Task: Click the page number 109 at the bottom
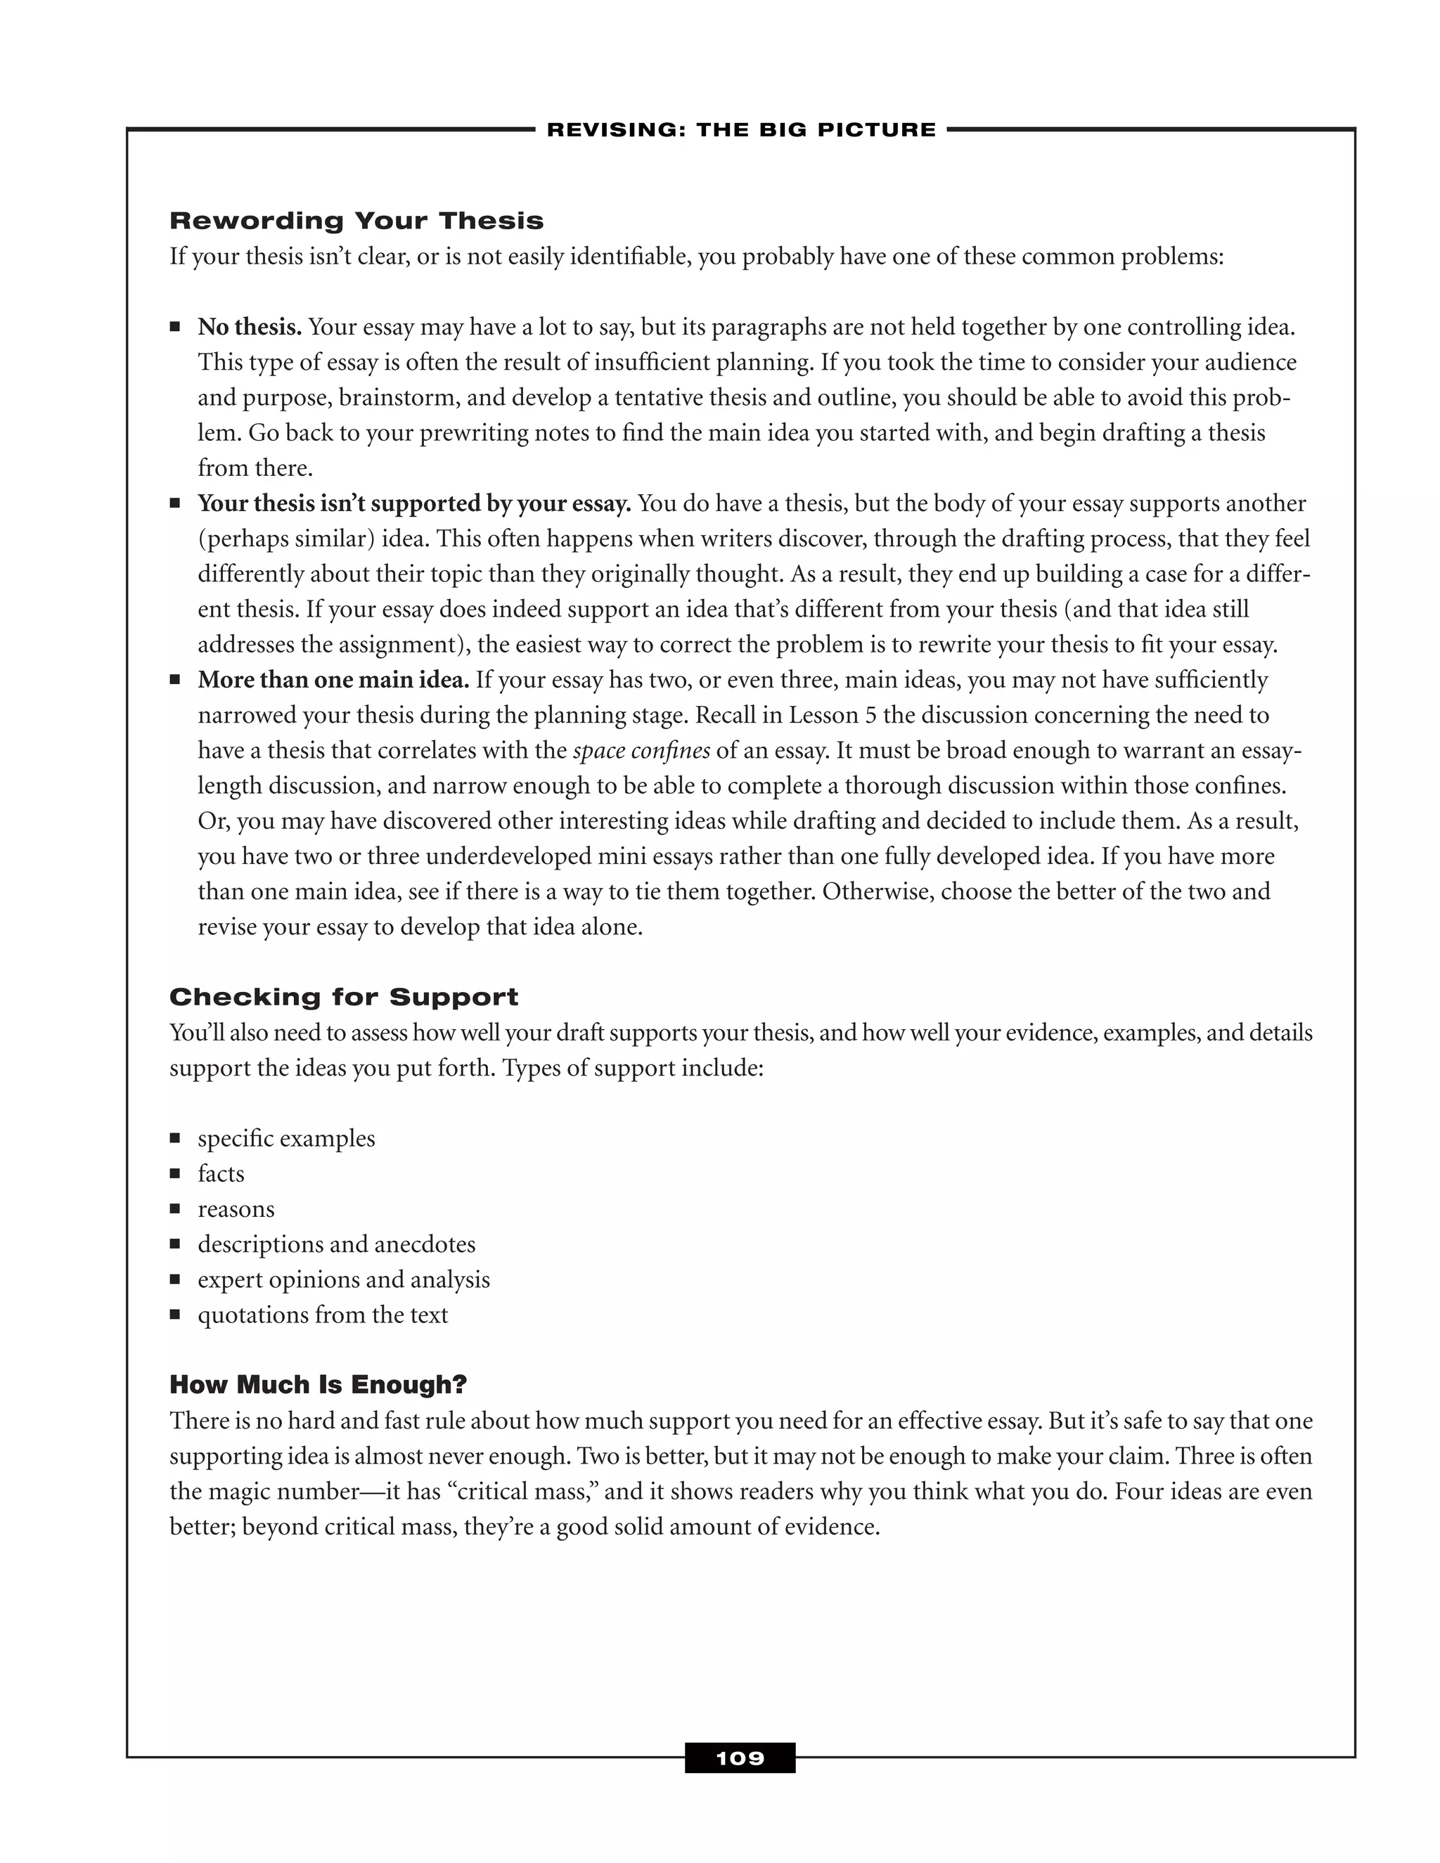click(x=740, y=1758)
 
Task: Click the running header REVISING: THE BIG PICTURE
click(x=740, y=129)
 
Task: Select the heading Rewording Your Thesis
click(x=356, y=221)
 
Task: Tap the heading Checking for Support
click(x=343, y=996)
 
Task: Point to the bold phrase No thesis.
click(x=249, y=328)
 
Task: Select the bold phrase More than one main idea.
click(x=333, y=680)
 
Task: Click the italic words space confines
click(x=641, y=751)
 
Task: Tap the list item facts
click(x=221, y=1174)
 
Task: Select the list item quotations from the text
click(x=323, y=1315)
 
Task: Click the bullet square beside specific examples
click(x=175, y=1138)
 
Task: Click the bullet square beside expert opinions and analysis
click(x=175, y=1279)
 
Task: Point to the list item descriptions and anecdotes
click(x=336, y=1244)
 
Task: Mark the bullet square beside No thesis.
click(x=175, y=327)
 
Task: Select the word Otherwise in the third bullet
click(x=876, y=891)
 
